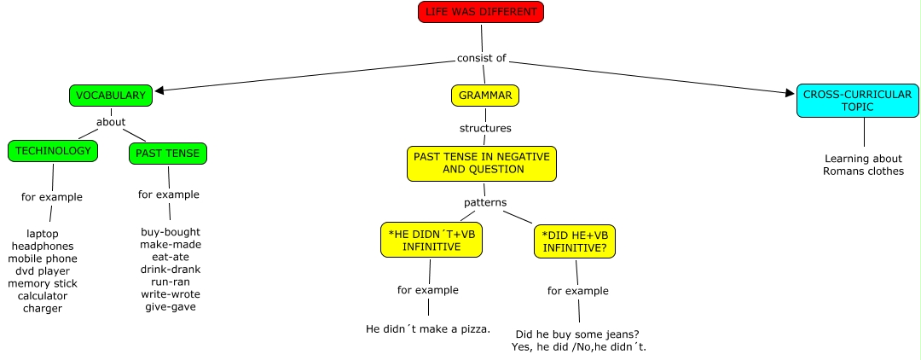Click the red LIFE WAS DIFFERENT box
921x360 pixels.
tap(480, 12)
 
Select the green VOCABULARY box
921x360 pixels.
tap(111, 96)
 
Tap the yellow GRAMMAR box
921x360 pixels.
tap(484, 96)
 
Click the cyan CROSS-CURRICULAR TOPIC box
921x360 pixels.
tap(858, 102)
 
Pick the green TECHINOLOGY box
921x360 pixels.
tap(53, 151)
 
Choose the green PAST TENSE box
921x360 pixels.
tap(168, 154)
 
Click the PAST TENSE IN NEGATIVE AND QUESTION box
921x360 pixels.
tap(482, 163)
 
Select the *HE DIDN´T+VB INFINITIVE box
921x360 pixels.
tap(431, 241)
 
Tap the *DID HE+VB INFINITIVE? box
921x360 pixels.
tap(575, 242)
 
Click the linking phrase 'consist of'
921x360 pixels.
tap(481, 58)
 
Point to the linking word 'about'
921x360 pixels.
tap(111, 122)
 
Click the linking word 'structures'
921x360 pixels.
tap(485, 129)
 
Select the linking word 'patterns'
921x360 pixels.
tap(485, 203)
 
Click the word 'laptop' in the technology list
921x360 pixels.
tap(43, 233)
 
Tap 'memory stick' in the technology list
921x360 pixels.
tap(43, 283)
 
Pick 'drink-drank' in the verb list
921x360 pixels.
tap(171, 270)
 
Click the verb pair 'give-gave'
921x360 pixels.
tap(171, 307)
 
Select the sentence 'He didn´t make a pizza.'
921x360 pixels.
tap(427, 328)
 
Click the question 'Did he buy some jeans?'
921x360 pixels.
tap(578, 334)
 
